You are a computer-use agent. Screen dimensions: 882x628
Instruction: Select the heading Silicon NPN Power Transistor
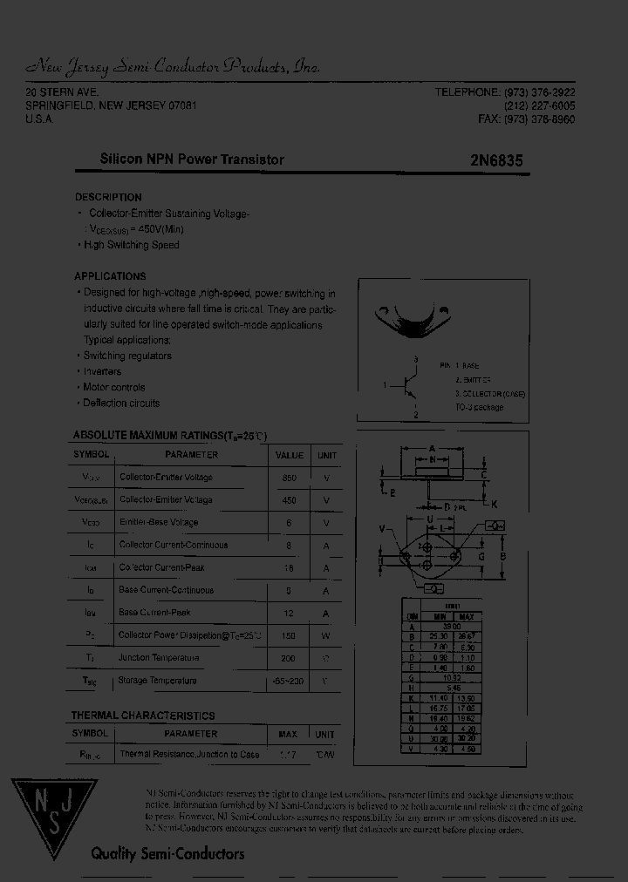(192, 159)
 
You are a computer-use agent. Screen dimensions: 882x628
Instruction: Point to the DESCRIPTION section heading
(108, 197)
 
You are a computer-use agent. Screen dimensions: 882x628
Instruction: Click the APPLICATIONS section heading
(110, 276)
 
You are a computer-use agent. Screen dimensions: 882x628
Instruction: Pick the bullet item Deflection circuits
(120, 403)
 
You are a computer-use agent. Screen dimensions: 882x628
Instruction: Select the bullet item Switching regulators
(126, 356)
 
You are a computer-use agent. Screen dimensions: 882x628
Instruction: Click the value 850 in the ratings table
(290, 478)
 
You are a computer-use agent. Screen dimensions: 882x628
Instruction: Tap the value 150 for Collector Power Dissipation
(290, 635)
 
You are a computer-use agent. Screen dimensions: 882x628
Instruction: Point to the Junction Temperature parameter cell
(159, 658)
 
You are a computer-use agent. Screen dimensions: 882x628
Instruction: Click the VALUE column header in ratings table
(290, 455)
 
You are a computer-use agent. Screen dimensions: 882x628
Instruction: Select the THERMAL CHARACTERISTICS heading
(142, 716)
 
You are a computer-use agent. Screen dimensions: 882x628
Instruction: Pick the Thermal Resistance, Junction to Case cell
(189, 754)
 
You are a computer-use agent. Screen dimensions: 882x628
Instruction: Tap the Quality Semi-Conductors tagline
(167, 854)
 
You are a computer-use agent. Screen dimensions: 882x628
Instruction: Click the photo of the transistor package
(411, 321)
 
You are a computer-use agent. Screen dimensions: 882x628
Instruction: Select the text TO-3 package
(479, 407)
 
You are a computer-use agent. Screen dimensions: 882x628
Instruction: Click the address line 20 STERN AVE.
(62, 92)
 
